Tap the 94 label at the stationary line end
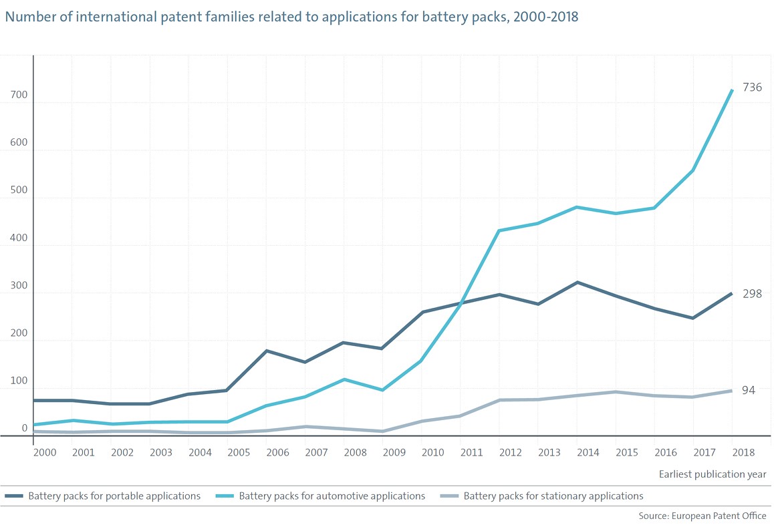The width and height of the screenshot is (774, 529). [x=749, y=390]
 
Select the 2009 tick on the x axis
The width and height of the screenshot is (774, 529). [x=394, y=452]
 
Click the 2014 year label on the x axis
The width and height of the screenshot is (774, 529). [x=588, y=452]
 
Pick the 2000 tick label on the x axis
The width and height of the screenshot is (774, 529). [x=44, y=452]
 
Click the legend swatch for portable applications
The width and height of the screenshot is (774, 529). [x=14, y=496]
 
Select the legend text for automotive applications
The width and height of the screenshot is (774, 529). [x=332, y=496]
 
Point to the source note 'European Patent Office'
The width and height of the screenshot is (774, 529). [x=720, y=516]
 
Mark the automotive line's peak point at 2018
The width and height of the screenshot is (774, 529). [x=732, y=90]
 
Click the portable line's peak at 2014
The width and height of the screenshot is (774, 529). [x=577, y=283]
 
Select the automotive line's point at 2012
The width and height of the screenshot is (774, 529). [x=499, y=230]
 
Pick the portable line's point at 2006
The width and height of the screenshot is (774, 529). [x=267, y=351]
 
